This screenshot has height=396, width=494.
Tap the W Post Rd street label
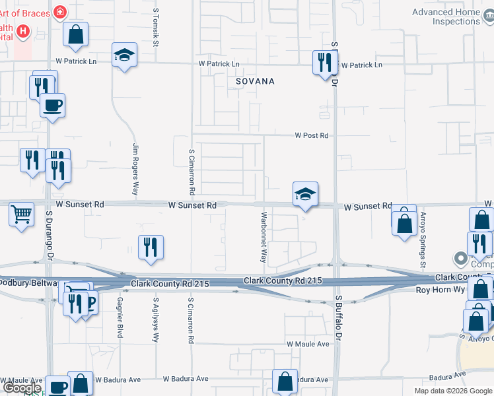tap(311, 135)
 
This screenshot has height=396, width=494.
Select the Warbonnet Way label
tap(264, 238)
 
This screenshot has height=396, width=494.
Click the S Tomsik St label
tap(157, 28)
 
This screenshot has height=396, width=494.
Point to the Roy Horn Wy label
tap(440, 290)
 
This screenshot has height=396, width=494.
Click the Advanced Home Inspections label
tap(446, 16)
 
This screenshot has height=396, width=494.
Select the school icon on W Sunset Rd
tap(305, 195)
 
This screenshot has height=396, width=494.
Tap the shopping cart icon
tap(22, 214)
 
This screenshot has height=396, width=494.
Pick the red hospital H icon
tap(23, 31)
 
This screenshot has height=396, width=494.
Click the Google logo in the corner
tap(21, 388)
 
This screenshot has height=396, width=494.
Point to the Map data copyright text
tap(452, 391)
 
